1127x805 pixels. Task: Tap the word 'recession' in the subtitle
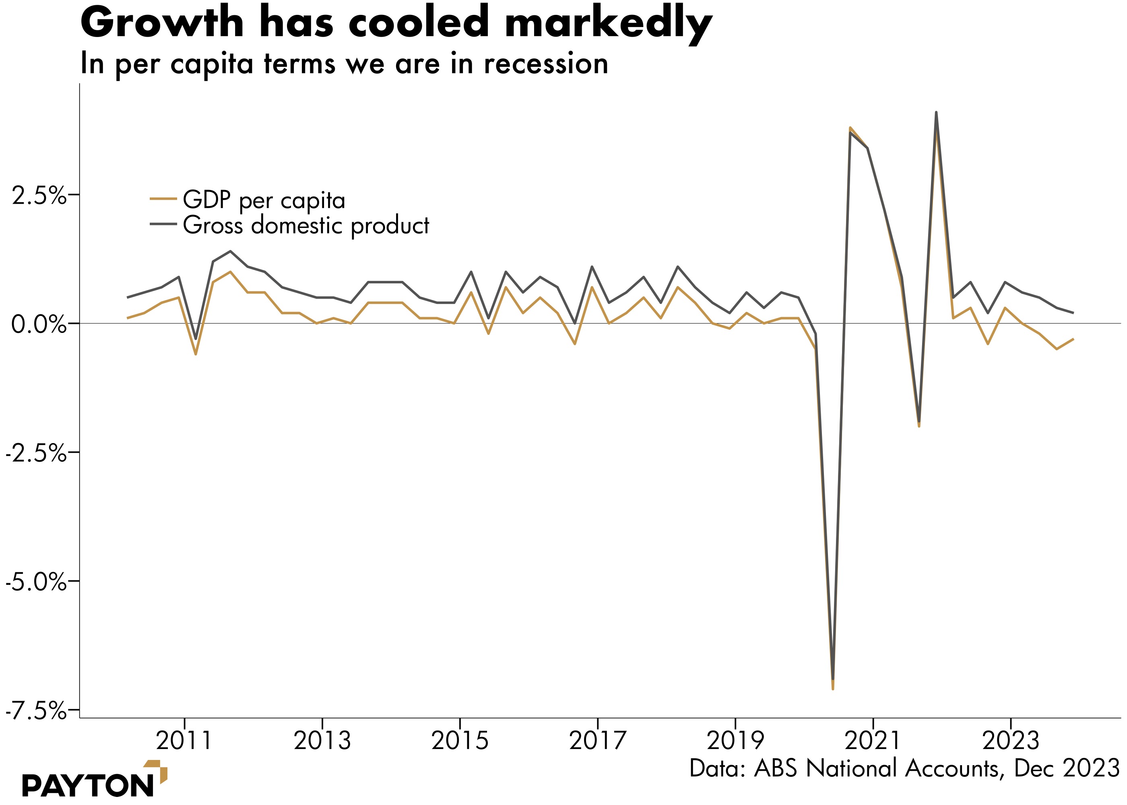click(x=546, y=64)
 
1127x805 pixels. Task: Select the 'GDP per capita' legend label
click(x=264, y=200)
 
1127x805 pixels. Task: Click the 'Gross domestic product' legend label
click(x=306, y=225)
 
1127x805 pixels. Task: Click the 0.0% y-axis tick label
click(x=39, y=325)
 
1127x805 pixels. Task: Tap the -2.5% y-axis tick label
click(x=36, y=454)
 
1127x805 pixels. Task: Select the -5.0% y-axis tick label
click(x=36, y=582)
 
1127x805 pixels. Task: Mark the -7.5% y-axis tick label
click(x=36, y=711)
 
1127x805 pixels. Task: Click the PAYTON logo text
click(x=88, y=785)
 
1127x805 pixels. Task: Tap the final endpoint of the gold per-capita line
click(x=1073, y=339)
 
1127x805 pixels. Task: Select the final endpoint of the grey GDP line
click(x=1073, y=313)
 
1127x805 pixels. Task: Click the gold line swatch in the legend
click(x=163, y=199)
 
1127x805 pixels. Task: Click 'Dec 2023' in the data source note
click(x=1067, y=768)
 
